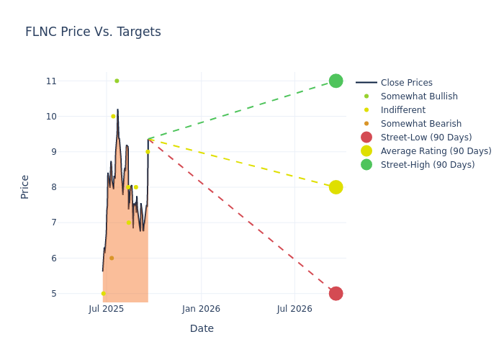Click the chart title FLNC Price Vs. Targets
point(93,32)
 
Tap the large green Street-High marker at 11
point(336,81)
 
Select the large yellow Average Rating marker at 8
point(336,187)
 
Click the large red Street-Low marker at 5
point(336,293)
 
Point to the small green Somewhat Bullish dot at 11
point(117,81)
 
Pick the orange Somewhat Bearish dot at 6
point(112,258)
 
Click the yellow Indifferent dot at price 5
point(103,293)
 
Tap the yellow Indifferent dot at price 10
point(113,116)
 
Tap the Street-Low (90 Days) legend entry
point(426,138)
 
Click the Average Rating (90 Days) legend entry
point(436,151)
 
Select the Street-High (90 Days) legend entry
point(428,165)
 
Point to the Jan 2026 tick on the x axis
point(201,309)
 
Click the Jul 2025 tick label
point(107,309)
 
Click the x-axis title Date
point(202,329)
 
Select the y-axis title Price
point(25,186)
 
